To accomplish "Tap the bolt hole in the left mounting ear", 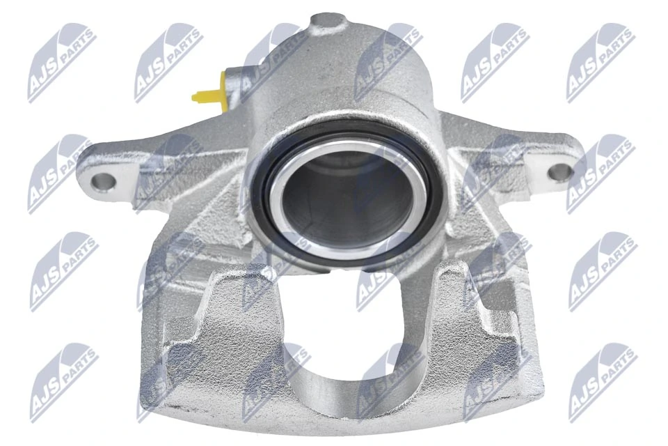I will [x=102, y=182].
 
